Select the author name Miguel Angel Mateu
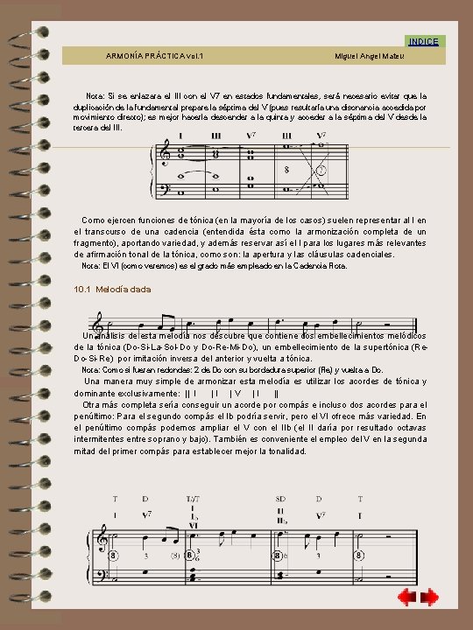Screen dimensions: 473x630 point(369,56)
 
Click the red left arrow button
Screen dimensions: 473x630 point(406,598)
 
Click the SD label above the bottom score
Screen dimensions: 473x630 point(281,498)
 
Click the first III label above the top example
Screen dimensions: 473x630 point(215,136)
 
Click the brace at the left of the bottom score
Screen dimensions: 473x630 point(91,560)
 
